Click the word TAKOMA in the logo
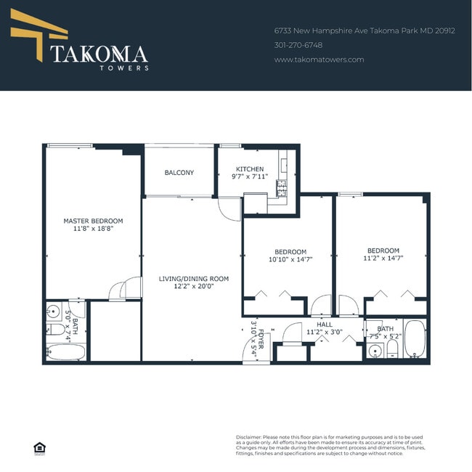(x=99, y=54)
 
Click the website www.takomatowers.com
(x=319, y=60)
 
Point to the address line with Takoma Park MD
(x=364, y=31)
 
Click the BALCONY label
(x=179, y=173)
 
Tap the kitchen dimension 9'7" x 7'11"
(x=250, y=176)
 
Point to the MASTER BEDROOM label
(x=93, y=221)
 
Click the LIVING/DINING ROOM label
(x=194, y=278)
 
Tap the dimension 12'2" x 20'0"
(x=194, y=286)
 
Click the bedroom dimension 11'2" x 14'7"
(x=383, y=258)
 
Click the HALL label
(x=325, y=325)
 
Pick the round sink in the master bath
(x=52, y=314)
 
